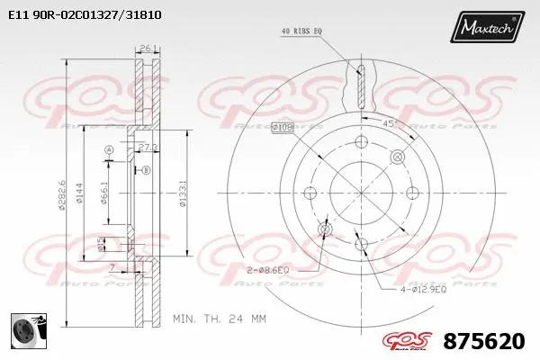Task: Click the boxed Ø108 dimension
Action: [x=283, y=129]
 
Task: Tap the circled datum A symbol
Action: [x=108, y=149]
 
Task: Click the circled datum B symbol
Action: [x=146, y=168]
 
